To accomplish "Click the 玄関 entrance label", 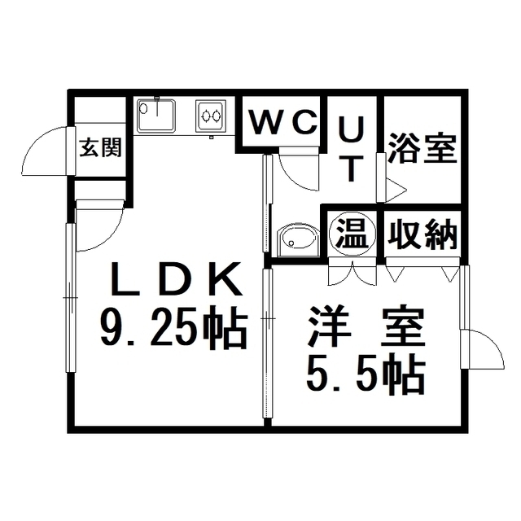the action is point(101,147).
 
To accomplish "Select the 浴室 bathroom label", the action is point(422,148).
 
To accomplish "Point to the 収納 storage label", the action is point(422,234).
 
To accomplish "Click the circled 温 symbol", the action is point(352,234).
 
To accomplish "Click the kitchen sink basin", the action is point(156,115).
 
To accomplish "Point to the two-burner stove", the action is point(211,116).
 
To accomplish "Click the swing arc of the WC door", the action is point(299,172).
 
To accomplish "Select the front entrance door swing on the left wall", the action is point(45,151).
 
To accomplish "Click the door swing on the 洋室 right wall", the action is point(486,349).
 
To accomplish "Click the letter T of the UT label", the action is point(352,169).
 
